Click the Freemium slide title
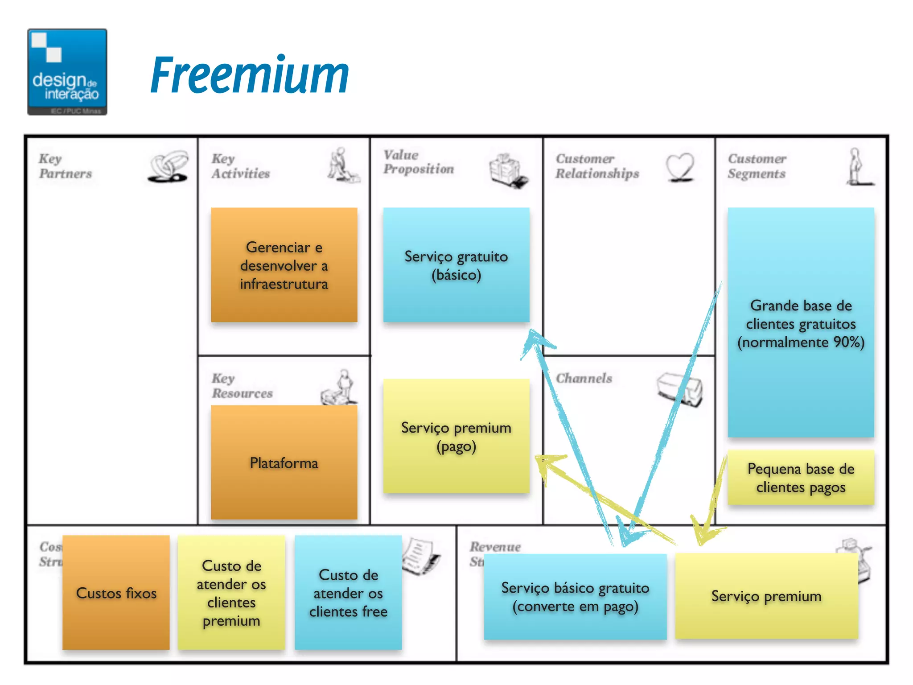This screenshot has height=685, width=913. [250, 75]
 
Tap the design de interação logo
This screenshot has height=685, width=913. [67, 72]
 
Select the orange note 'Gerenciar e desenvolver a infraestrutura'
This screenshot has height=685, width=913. [284, 265]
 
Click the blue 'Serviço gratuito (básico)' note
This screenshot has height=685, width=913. [456, 265]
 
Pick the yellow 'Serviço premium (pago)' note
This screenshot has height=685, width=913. [456, 436]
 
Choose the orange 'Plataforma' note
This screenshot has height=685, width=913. [284, 462]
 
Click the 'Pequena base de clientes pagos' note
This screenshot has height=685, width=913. [801, 478]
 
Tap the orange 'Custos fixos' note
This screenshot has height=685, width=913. [116, 593]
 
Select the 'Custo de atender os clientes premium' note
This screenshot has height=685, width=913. [231, 593]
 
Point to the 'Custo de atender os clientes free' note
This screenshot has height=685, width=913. [348, 593]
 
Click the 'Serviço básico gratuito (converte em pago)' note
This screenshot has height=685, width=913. [575, 597]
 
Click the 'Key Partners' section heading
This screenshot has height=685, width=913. [65, 166]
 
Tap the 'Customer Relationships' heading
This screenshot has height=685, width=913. [597, 166]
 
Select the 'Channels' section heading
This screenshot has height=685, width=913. [584, 378]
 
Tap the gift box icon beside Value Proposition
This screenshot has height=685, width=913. [507, 169]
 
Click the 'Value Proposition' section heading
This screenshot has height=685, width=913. [419, 162]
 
